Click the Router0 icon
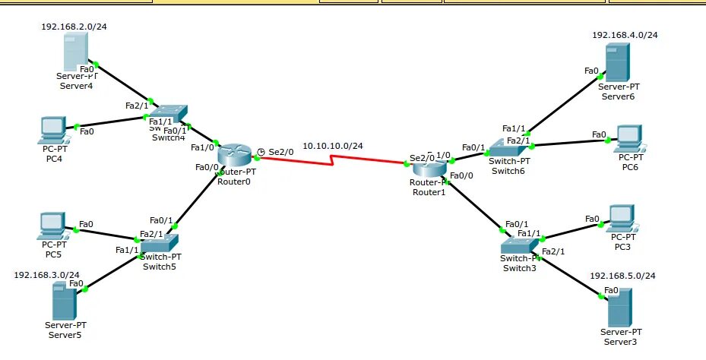(233, 156)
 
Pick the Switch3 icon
(519, 245)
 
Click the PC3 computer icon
(622, 219)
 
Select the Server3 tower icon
(619, 310)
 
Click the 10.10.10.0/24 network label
(333, 146)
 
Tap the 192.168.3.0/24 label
(46, 275)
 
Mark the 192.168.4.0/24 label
(625, 35)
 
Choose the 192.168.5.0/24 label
(622, 275)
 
